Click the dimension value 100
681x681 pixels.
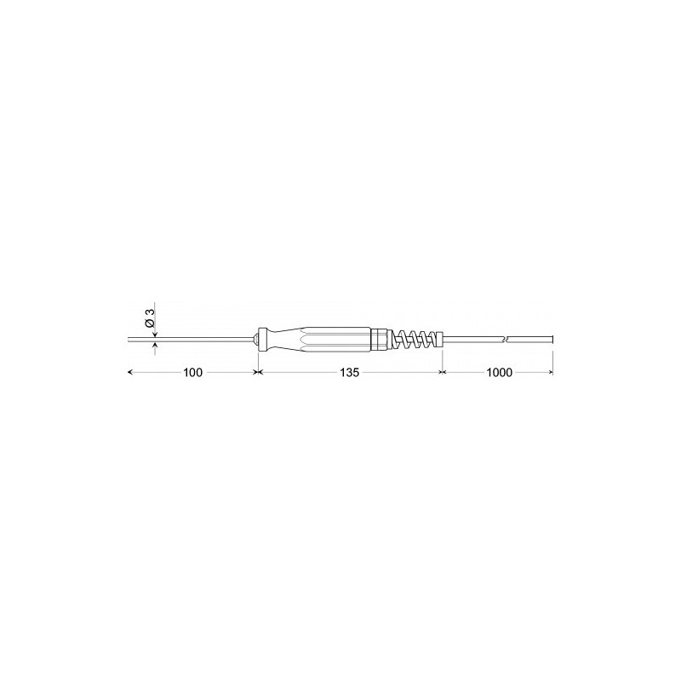pos(192,373)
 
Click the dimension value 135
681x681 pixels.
pos(349,373)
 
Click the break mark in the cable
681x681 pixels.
pos(505,340)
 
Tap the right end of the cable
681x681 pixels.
pos(552,340)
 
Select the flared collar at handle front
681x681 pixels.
pos(267,337)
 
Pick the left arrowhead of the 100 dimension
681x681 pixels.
pos(130,373)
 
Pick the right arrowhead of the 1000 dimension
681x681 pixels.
pos(551,373)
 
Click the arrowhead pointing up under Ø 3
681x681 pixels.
pos(154,345)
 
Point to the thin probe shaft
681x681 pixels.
pos(196,340)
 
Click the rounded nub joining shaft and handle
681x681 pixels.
pos(256,340)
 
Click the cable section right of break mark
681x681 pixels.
pos(529,340)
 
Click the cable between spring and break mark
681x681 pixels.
pos(472,340)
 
